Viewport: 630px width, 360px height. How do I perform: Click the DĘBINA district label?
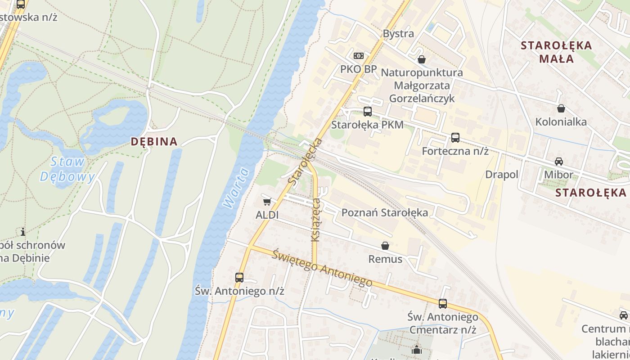[x=154, y=141]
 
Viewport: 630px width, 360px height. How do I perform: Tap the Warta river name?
[x=235, y=188]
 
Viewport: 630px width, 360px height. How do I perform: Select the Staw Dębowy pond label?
[x=67, y=169]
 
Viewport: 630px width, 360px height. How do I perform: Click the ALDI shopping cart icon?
[x=267, y=202]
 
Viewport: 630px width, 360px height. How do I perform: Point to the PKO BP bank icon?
[x=358, y=56]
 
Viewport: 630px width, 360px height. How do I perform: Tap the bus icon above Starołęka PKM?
[x=367, y=112]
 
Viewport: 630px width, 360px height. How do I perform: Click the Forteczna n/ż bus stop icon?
[x=455, y=138]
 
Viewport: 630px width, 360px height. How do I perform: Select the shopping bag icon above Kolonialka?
[x=561, y=108]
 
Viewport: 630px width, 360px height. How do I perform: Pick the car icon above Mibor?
[x=558, y=162]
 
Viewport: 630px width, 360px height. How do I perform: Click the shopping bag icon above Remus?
[x=385, y=246]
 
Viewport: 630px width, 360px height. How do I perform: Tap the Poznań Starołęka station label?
[x=385, y=212]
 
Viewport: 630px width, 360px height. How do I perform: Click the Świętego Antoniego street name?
[x=322, y=268]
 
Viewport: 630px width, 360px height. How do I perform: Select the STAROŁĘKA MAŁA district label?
[x=556, y=52]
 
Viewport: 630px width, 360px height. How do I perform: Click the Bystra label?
[x=398, y=34]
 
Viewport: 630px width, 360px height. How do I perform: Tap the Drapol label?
[x=502, y=175]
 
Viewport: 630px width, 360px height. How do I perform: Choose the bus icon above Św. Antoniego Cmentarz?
[x=443, y=304]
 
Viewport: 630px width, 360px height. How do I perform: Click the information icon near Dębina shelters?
[x=23, y=232]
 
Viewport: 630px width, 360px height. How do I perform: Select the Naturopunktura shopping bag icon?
[x=421, y=59]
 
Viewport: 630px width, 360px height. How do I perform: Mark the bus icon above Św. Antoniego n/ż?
[x=239, y=278]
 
